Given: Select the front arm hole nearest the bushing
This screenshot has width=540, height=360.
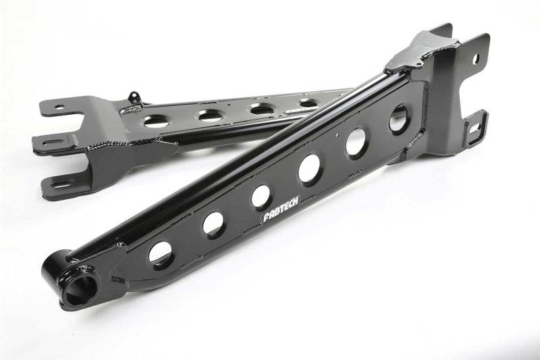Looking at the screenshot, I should pyautogui.click(x=160, y=251).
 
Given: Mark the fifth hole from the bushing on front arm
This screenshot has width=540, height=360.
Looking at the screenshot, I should pyautogui.click(x=355, y=142).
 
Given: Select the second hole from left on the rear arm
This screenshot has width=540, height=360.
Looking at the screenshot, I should pyautogui.click(x=209, y=115).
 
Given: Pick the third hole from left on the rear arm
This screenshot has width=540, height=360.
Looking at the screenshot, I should pyautogui.click(x=260, y=107).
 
